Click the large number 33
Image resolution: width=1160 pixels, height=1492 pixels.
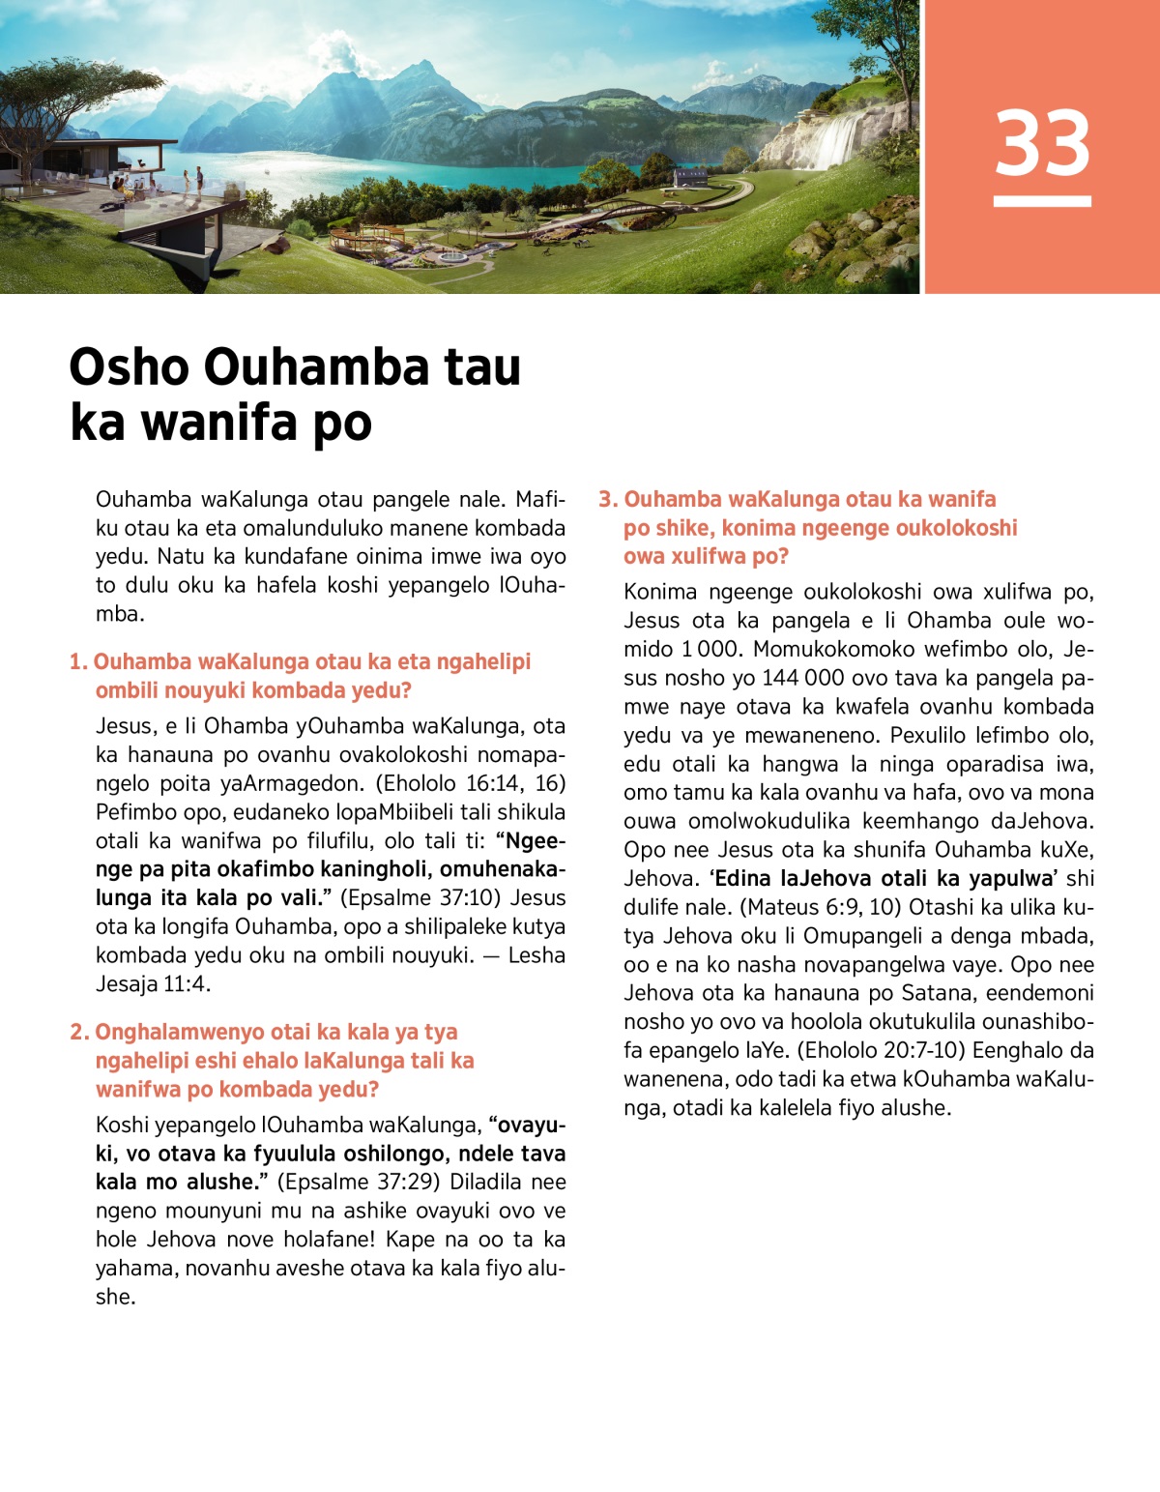click(x=1042, y=143)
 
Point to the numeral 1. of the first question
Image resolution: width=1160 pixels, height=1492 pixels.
click(x=78, y=662)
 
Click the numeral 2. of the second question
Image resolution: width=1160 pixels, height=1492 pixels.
click(x=79, y=1033)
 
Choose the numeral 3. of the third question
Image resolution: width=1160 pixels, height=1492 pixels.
click(x=608, y=500)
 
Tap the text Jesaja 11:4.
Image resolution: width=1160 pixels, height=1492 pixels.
click(x=153, y=984)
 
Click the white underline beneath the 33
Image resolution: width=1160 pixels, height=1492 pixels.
click(x=1042, y=201)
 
